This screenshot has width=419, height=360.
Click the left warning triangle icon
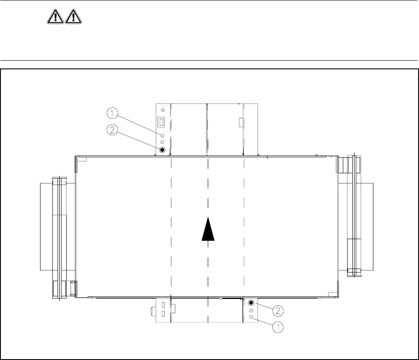(x=55, y=16)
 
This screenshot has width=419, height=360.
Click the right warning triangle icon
(x=73, y=16)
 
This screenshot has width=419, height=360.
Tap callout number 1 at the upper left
(x=112, y=114)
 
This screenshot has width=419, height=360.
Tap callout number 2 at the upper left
(x=112, y=130)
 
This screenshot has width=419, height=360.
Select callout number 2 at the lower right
(x=278, y=311)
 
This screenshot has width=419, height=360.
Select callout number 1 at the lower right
(x=278, y=327)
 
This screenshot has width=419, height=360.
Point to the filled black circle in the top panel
(x=162, y=150)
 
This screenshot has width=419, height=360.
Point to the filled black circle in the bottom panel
(x=251, y=303)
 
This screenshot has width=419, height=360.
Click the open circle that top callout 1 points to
(x=162, y=136)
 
